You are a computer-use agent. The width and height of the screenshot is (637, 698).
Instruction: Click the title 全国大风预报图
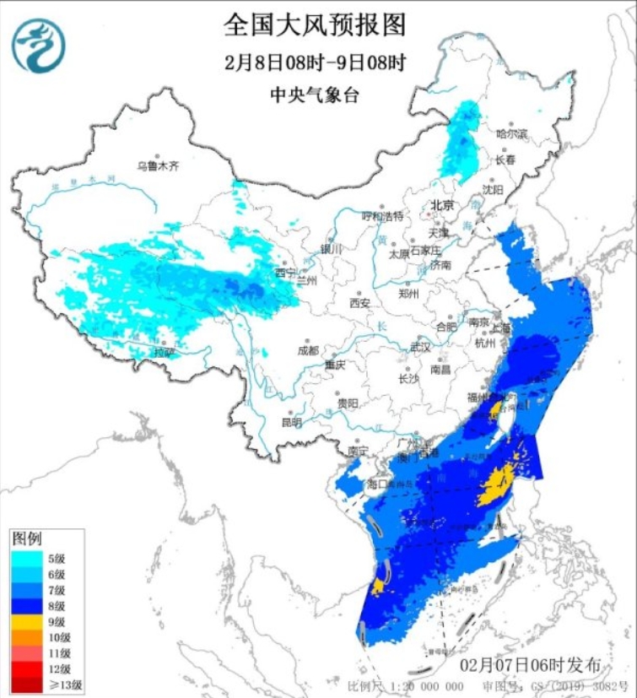pyautogui.click(x=315, y=24)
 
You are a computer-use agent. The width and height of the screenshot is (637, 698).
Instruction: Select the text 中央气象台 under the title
pyautogui.click(x=315, y=95)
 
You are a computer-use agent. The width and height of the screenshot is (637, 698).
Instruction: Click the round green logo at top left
pyautogui.click(x=38, y=46)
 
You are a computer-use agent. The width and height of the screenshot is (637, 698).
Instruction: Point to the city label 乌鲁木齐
pyautogui.click(x=159, y=166)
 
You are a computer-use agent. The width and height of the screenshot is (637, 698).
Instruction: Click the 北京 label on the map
pyautogui.click(x=442, y=205)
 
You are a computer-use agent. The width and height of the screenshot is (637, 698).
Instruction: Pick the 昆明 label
pyautogui.click(x=291, y=421)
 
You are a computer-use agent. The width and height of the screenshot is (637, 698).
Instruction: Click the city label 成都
pyautogui.click(x=308, y=350)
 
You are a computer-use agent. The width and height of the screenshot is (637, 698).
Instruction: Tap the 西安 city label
pyautogui.click(x=360, y=302)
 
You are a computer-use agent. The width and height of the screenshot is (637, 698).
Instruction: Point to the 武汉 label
pyautogui.click(x=419, y=347)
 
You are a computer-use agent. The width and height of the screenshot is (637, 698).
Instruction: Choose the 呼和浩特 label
pyautogui.click(x=383, y=215)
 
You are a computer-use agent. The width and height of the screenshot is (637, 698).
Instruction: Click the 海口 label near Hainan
pyautogui.click(x=376, y=484)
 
